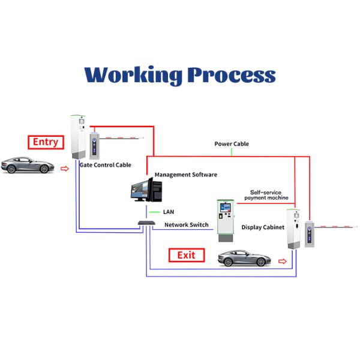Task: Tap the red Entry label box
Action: click(x=46, y=142)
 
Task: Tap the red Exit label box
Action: click(x=186, y=255)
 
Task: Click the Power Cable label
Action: click(x=232, y=144)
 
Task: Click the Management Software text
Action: click(x=186, y=175)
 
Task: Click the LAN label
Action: click(x=169, y=212)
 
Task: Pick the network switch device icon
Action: click(x=146, y=223)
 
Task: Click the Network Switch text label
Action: click(x=187, y=225)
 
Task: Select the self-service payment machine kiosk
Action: click(x=225, y=220)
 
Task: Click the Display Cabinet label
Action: click(x=263, y=227)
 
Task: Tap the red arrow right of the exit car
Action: click(x=283, y=262)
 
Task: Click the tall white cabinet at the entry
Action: click(x=77, y=138)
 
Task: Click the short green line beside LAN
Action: click(x=154, y=212)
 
